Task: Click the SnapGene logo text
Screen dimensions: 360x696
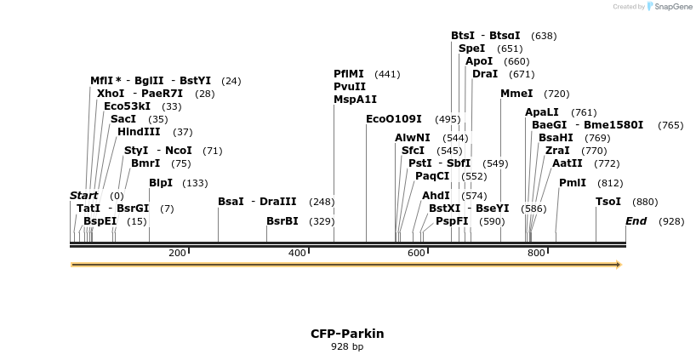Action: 673,6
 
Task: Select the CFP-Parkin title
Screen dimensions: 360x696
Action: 347,334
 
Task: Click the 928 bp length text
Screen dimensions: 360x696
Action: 347,346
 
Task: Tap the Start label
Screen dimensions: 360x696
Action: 83,196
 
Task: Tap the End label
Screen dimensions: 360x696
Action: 636,221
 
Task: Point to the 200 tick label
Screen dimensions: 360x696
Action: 177,253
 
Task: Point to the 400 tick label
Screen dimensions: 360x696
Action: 297,253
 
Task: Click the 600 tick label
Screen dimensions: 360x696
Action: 416,253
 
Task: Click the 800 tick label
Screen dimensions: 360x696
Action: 536,253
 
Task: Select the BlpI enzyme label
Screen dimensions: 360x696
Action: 161,183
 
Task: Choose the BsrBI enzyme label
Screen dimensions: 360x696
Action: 282,221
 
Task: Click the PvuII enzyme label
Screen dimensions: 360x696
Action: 350,87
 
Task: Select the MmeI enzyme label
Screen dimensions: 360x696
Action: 516,94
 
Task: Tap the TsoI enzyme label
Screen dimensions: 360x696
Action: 608,202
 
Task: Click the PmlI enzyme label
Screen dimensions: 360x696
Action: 572,183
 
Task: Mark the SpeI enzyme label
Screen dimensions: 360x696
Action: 471,49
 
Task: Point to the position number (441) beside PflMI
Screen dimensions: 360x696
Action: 387,74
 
